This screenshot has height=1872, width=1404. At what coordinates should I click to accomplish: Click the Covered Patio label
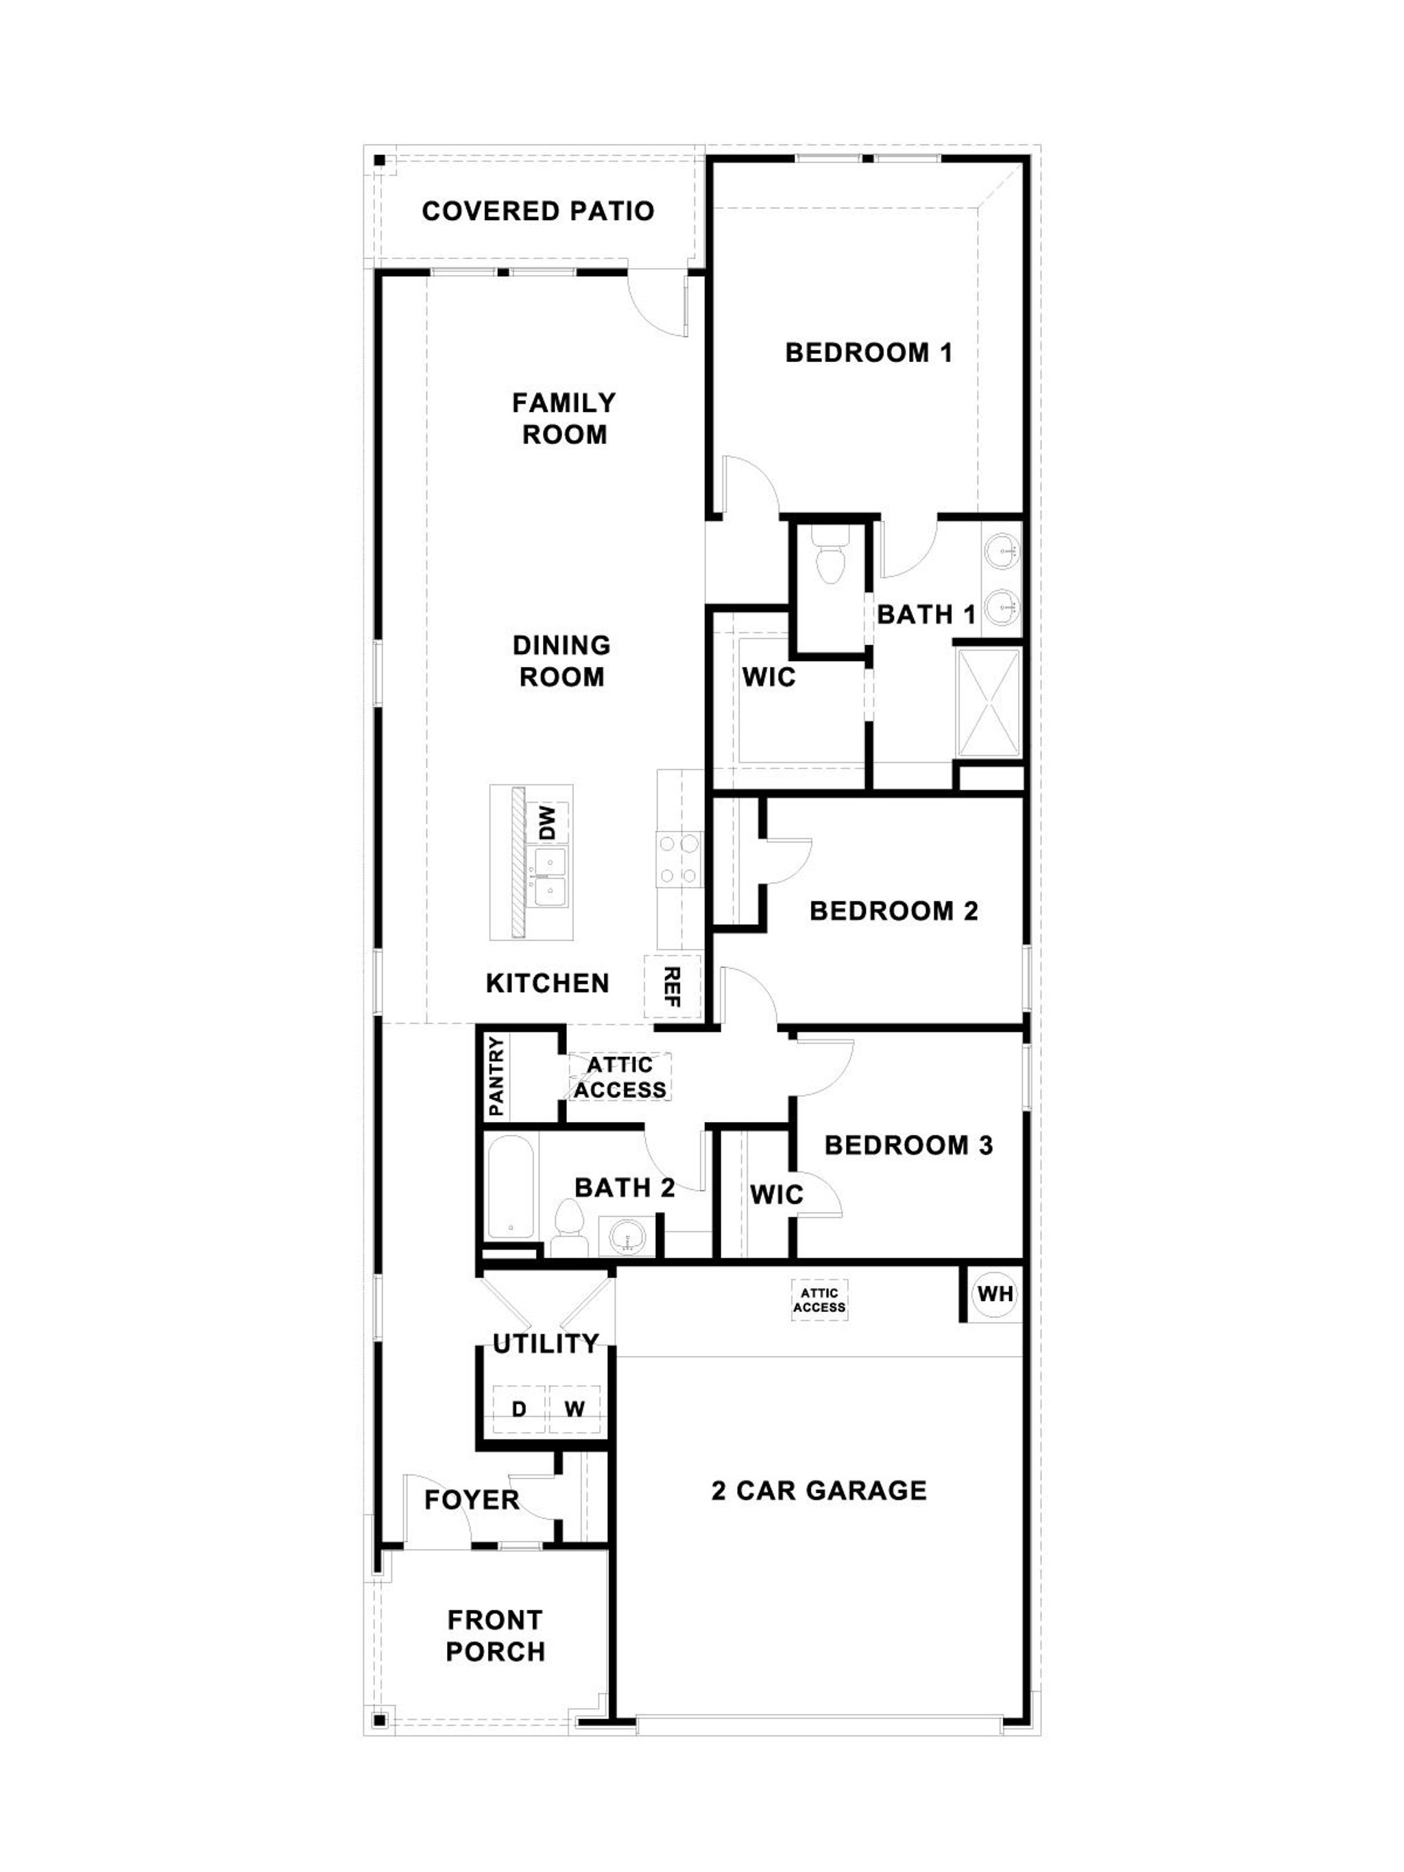tap(537, 210)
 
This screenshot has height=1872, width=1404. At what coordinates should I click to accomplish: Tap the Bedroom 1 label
tap(869, 352)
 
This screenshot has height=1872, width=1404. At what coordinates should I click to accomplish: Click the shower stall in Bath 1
tap(989, 702)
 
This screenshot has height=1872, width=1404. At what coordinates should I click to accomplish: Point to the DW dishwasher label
tap(549, 823)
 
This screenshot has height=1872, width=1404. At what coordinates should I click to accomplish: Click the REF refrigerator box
tap(673, 987)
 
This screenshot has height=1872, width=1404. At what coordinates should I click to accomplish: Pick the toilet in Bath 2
tap(569, 1230)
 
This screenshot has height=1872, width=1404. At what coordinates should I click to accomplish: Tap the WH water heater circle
tap(995, 1294)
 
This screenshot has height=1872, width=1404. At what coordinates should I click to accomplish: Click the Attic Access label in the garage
tap(819, 1300)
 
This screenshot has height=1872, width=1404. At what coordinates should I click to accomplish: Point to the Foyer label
tap(472, 1500)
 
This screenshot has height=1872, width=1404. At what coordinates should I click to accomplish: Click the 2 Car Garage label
tap(819, 1490)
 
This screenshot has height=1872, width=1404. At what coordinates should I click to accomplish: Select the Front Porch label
tap(495, 1636)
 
